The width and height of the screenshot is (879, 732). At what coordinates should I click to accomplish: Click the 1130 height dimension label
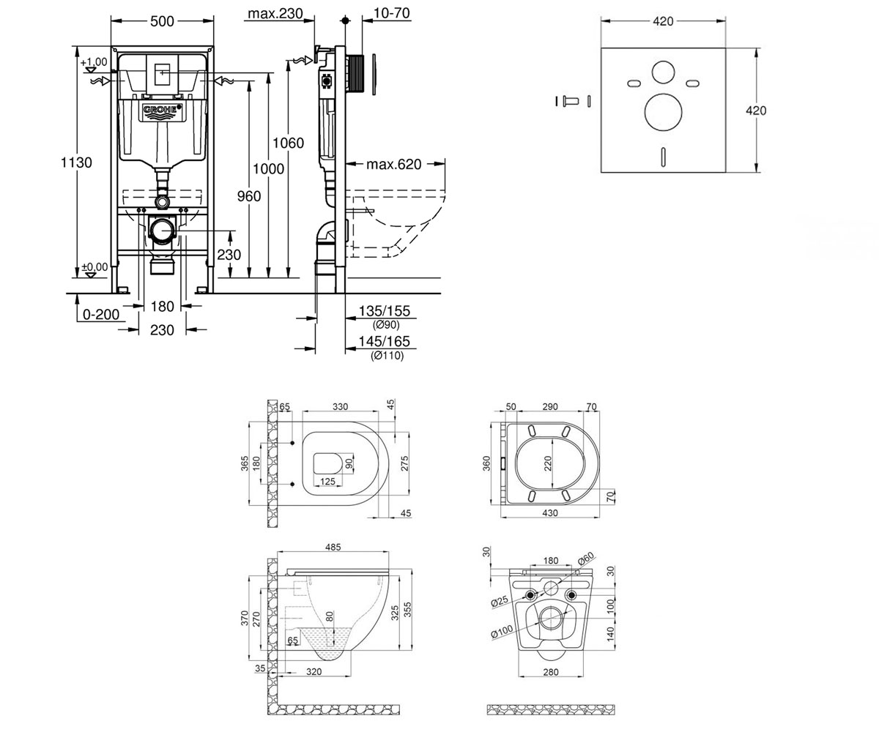76,163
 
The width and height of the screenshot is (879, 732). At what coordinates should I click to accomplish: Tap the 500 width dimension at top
162,21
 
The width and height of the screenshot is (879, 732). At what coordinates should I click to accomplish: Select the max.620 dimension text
393,164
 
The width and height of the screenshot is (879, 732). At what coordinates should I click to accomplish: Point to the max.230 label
275,13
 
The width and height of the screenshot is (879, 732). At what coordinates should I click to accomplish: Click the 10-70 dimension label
391,13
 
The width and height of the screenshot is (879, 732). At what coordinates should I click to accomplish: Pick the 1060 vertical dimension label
288,143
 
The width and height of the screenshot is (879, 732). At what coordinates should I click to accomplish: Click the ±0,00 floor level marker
94,266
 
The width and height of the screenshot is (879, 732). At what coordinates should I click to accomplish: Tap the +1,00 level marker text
94,62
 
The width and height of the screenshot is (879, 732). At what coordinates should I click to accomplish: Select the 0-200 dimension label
101,314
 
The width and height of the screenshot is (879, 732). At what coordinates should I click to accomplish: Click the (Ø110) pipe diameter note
387,356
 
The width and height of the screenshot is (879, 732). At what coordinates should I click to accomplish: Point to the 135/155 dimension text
385,311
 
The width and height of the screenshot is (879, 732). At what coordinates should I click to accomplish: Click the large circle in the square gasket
663,112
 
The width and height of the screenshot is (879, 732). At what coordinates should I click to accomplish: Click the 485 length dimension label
333,548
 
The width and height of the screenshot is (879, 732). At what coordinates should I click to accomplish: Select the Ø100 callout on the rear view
502,632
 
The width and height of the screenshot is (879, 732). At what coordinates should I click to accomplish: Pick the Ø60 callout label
585,559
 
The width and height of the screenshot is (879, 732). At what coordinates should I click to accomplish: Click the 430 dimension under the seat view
550,513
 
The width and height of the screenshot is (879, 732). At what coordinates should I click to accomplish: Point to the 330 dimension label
340,406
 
